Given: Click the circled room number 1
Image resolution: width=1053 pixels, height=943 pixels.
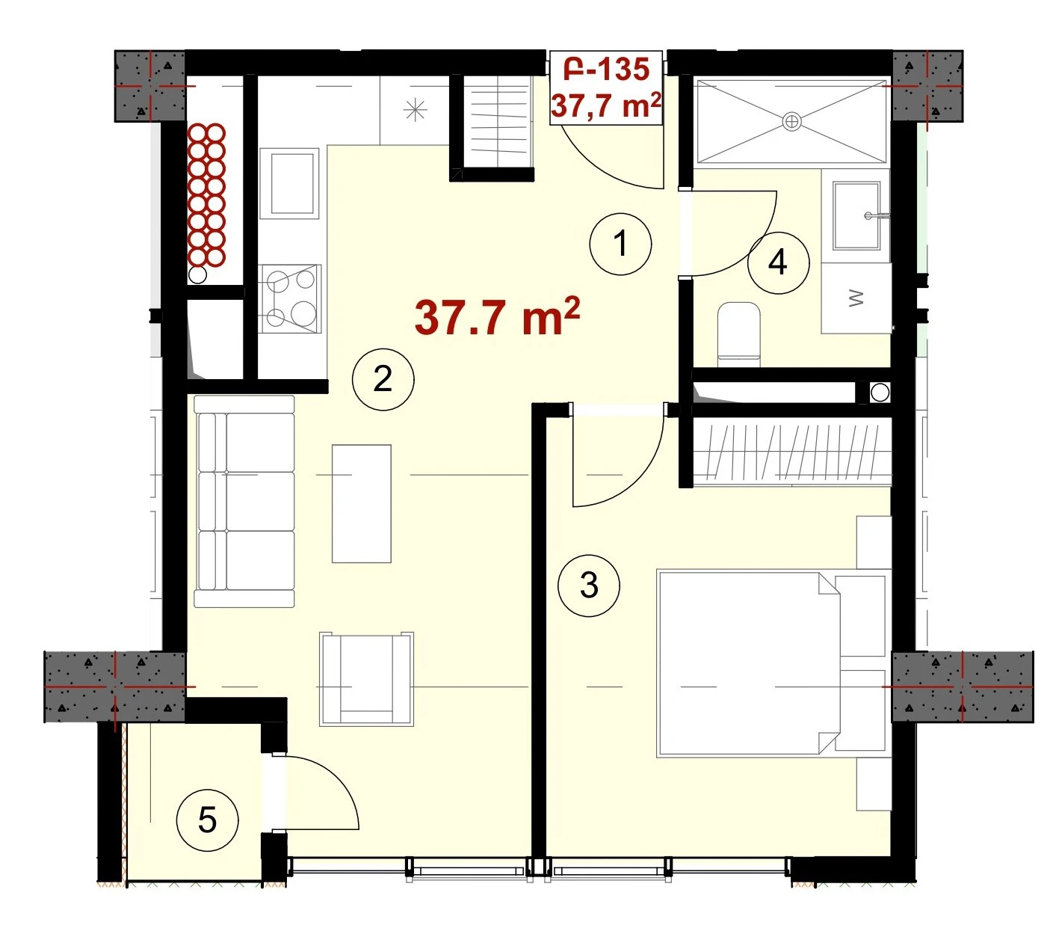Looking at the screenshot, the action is pos(620,244).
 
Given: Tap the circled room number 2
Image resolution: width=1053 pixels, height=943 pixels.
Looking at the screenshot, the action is pos(383,379).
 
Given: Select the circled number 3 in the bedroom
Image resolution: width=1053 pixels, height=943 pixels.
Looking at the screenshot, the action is pos(588,585).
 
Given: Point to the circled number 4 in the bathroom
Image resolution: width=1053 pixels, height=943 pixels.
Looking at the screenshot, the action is pos(778,262).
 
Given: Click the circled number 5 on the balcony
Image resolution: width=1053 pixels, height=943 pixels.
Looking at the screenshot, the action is pos(207,820).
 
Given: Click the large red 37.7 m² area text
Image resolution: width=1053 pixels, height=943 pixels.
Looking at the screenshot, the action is pos(497,316).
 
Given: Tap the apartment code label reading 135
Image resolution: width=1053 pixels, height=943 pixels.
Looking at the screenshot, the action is pos(623,70).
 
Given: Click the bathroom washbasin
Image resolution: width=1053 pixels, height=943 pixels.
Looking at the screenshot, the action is pos(857,215).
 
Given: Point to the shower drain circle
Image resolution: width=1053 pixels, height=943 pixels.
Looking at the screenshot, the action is pos(791,122).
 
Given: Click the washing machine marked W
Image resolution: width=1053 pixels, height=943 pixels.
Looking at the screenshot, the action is pos(856,298).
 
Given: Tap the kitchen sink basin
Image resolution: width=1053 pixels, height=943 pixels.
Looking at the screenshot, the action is pos(289,183).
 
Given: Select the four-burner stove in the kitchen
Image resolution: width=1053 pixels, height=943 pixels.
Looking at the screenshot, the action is pos(289,298).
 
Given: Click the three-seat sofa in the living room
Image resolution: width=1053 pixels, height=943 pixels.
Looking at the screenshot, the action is pos(244,501).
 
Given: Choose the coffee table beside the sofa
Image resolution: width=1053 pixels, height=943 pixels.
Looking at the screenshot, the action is pos(361,503).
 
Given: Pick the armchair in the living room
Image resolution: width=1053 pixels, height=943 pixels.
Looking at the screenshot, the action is pos(366,679).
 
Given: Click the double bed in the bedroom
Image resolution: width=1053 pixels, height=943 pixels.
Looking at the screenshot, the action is pos(771,663).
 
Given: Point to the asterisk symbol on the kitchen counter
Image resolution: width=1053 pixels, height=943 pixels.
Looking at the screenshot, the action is pos(416,110).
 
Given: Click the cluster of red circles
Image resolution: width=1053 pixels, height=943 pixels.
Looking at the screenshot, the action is pos(207,196).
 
